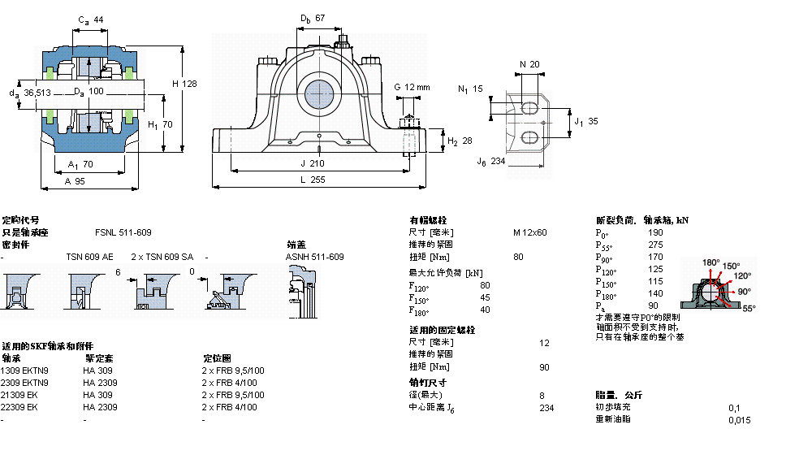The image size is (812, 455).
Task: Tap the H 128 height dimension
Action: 185,84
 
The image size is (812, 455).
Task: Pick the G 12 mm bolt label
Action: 412,87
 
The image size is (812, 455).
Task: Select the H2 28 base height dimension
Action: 460,141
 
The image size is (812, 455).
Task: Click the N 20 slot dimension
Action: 529,64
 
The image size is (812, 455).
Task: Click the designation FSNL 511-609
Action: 123,232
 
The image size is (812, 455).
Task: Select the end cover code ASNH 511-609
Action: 314,257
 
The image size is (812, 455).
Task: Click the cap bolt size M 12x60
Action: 529,232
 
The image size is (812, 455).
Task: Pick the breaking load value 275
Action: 655,245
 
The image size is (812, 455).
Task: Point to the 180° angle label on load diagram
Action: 711,262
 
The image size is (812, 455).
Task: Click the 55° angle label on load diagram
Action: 748,309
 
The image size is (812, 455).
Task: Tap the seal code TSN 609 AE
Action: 89,257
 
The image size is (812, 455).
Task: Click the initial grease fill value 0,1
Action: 734,407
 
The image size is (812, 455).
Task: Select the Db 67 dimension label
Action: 313,18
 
